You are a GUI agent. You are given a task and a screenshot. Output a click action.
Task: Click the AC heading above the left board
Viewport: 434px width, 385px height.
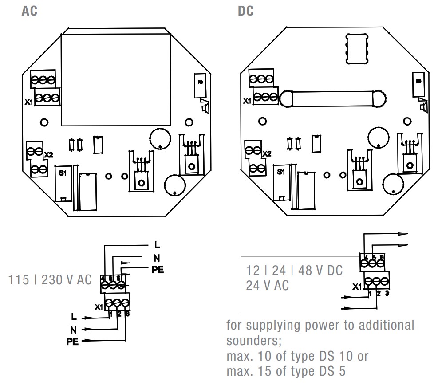point(29,11)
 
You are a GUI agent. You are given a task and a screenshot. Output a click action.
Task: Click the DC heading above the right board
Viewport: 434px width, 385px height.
point(246,11)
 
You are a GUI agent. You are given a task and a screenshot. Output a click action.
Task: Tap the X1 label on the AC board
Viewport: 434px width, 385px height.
point(29,102)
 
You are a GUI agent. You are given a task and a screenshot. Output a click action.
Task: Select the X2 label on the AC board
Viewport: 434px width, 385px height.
point(48,155)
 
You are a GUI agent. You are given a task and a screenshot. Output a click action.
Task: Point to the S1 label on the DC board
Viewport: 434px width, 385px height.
point(280,172)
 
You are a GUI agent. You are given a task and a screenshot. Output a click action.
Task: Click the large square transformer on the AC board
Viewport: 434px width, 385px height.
point(115,79)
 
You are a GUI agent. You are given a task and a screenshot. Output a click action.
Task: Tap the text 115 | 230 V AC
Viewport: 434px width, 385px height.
point(50,280)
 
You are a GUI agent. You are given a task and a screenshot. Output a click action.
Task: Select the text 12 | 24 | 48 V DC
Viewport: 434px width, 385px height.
point(294,271)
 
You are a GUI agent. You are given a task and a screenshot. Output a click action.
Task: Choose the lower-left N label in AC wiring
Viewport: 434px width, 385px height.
point(73,329)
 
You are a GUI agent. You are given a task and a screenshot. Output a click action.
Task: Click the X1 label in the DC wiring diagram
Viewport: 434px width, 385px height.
point(357,287)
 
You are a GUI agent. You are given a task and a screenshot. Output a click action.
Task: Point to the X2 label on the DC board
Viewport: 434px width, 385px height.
point(267,153)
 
